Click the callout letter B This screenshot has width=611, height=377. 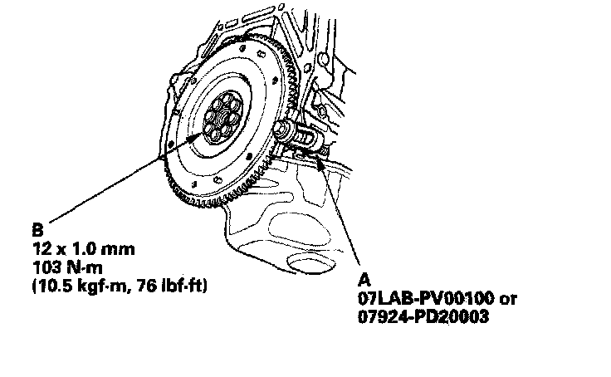tap(37, 230)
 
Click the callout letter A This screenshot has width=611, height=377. tap(364, 280)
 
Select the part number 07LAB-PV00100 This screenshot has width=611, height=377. tap(426, 299)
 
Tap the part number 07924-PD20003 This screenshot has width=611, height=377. tap(423, 316)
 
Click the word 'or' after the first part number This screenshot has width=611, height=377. tap(508, 300)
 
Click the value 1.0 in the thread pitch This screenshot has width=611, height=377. tap(83, 249)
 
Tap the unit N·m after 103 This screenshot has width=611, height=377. tap(84, 267)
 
